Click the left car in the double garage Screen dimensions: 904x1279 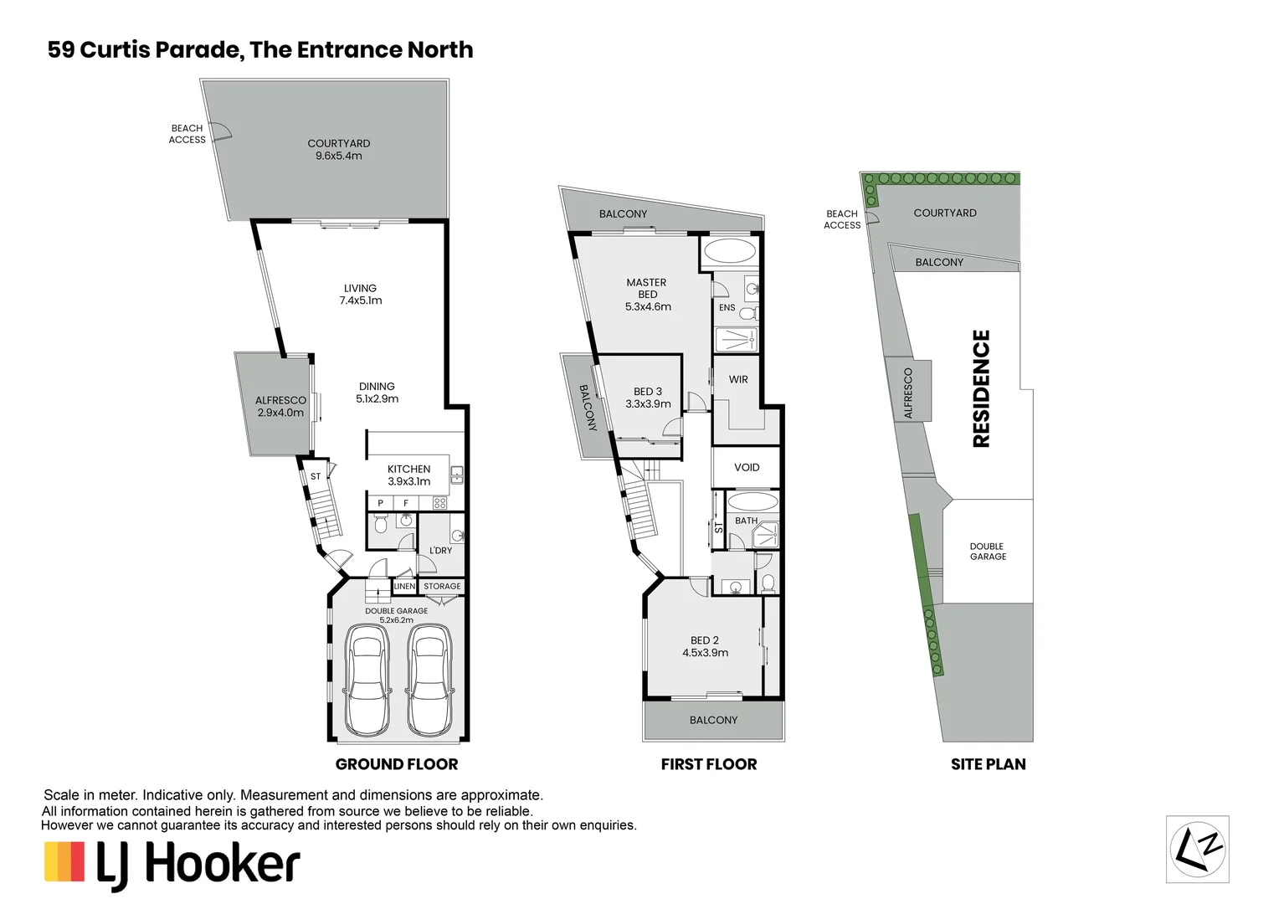tap(367, 681)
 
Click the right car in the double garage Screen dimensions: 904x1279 tap(429, 681)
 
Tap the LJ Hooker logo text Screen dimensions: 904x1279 tap(198, 864)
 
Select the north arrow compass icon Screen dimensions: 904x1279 tap(1197, 849)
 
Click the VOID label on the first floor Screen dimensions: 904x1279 tap(747, 468)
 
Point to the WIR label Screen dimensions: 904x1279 tap(738, 380)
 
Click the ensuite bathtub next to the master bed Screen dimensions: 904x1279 tap(728, 251)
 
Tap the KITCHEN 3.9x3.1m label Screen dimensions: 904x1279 tap(408, 475)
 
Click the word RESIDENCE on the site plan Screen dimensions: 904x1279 tap(981, 388)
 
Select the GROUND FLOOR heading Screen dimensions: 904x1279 tap(397, 764)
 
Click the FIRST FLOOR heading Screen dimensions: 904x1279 tap(708, 764)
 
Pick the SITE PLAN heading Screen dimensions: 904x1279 tap(988, 764)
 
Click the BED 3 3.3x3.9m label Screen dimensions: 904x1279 tap(648, 398)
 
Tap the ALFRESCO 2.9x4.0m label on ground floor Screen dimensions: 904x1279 tap(280, 407)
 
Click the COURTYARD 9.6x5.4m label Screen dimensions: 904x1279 tap(338, 150)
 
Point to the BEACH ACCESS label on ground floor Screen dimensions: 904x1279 tap(187, 134)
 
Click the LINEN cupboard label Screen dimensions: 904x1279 tap(404, 587)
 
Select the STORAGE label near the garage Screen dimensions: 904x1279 tap(442, 587)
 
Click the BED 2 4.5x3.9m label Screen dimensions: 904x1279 tap(705, 646)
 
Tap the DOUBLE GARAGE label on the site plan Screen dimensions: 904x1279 tap(988, 552)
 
